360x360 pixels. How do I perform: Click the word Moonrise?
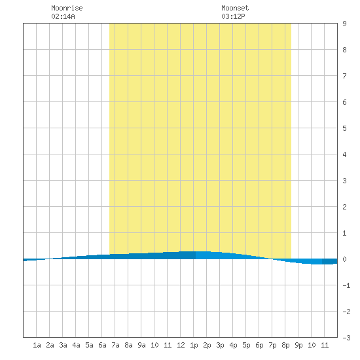(67, 8)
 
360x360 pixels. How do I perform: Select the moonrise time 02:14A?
(63, 16)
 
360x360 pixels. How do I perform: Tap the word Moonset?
(235, 8)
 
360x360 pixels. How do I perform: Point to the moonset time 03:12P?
(233, 16)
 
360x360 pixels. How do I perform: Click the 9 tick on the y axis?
(344, 24)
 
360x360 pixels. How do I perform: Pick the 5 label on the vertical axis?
(344, 128)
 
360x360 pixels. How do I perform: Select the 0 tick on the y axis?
(344, 259)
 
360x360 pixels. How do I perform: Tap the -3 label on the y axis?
(346, 338)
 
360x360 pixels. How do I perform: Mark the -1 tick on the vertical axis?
(346, 285)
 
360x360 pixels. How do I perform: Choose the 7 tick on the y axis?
(344, 76)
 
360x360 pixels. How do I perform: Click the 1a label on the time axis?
(37, 345)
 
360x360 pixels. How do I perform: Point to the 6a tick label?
(102, 345)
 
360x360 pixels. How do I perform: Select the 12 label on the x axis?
(181, 345)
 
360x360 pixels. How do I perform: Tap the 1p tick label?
(194, 345)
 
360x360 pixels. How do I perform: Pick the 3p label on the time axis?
(220, 345)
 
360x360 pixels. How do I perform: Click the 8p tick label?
(285, 345)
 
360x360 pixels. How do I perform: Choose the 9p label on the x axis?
(298, 345)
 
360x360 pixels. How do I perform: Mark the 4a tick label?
(76, 345)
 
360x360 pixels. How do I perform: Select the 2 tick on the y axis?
(344, 207)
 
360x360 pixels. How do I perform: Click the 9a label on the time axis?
(141, 345)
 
